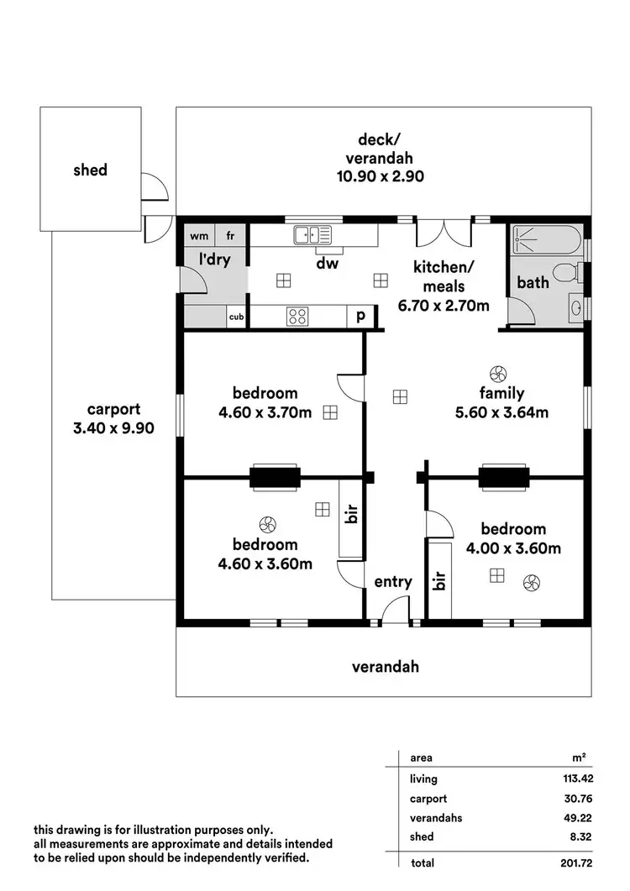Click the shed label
pos(90,170)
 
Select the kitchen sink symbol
pos(308,235)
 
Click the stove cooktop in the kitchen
pos(297,316)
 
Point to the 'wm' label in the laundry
pos(199,236)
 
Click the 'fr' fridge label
pos(230,236)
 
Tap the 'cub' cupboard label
pos(237,317)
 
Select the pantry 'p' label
pos(360,316)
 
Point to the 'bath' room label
pos(533,282)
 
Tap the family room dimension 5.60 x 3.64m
pos(501,411)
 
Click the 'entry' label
pos(393,582)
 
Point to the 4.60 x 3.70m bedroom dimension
pos(265,411)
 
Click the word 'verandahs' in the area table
pos(436,817)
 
